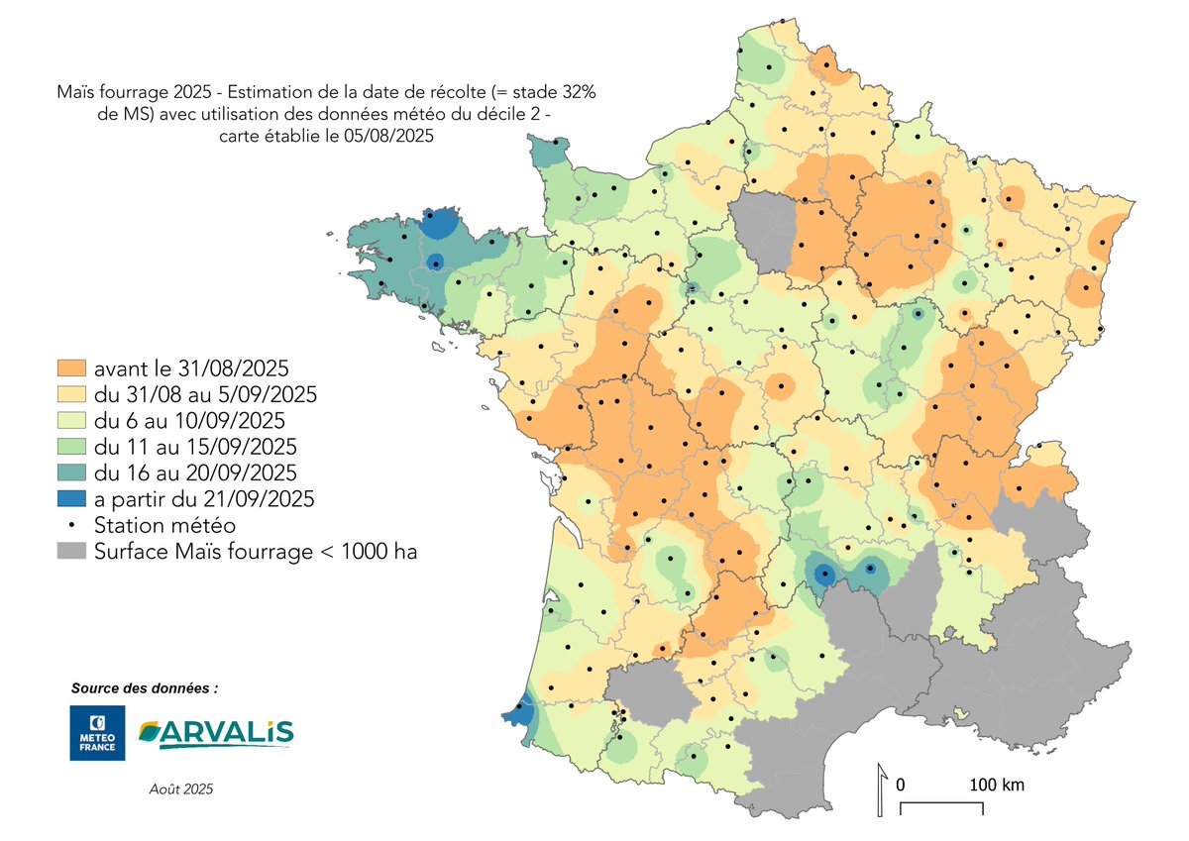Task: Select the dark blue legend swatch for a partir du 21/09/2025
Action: coord(71,499)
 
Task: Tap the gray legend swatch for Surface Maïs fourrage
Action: coord(71,552)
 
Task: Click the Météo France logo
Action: coord(97,733)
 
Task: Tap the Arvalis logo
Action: coord(216,733)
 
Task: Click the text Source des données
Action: coord(144,687)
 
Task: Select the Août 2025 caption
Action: coord(179,789)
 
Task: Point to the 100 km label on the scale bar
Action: coord(996,785)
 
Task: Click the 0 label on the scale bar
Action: coord(900,785)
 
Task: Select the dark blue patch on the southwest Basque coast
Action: coord(519,711)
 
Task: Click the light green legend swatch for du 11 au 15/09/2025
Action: coord(71,446)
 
